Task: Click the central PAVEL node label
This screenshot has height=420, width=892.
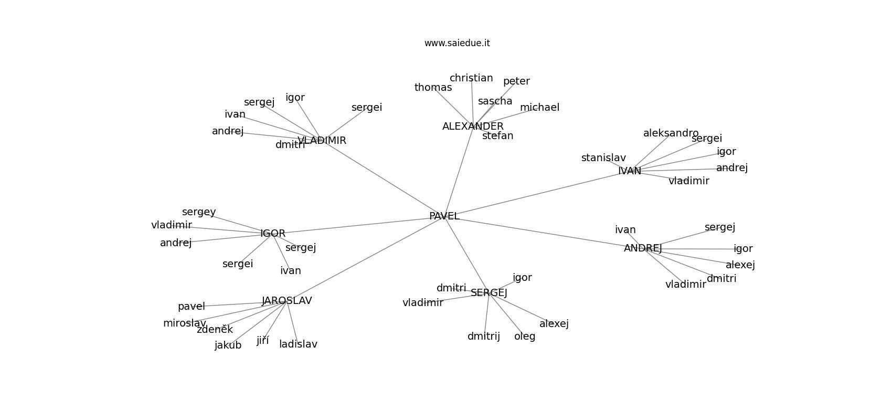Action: [444, 216]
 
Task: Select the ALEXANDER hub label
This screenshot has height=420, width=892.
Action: [473, 127]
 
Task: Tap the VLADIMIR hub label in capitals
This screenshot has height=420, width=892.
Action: [322, 141]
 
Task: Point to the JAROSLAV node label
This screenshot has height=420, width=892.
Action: [286, 301]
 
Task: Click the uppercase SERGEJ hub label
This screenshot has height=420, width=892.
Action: [489, 293]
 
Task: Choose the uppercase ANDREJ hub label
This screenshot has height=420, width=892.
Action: [643, 248]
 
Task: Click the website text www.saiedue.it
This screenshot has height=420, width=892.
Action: [457, 43]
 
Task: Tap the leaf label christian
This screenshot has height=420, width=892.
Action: [471, 78]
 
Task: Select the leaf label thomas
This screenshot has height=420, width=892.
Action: [433, 88]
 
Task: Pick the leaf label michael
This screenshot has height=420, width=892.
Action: [539, 108]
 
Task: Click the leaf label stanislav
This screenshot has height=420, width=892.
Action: [603, 158]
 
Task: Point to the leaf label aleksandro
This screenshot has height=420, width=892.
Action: [671, 133]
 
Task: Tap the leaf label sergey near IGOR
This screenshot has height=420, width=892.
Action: [199, 212]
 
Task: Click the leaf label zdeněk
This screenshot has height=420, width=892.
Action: [215, 330]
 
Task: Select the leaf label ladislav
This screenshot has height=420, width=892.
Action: [298, 344]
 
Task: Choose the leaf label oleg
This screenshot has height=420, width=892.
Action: [525, 337]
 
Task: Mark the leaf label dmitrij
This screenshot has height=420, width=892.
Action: [484, 337]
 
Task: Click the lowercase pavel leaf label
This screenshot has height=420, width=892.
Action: [191, 307]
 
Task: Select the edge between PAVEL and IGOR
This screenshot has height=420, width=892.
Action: [357, 225]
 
